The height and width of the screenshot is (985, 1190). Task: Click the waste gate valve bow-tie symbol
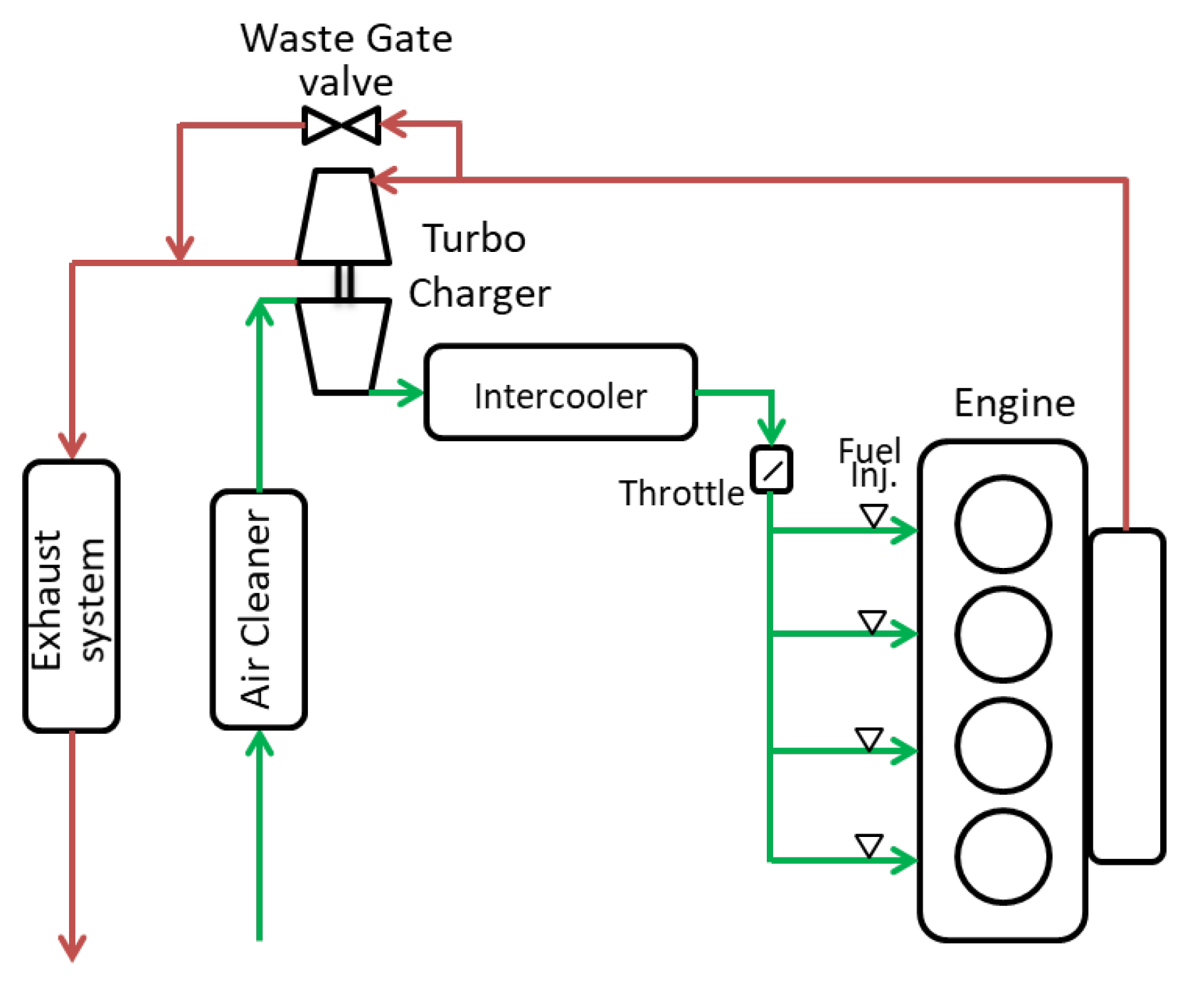pos(341,125)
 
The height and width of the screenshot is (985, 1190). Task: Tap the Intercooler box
pos(560,392)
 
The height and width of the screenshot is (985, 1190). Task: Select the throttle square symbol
pos(772,469)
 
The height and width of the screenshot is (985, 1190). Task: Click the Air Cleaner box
pos(259,609)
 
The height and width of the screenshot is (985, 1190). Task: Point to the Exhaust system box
pos(71,596)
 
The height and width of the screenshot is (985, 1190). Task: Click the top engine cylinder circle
pos(1003,524)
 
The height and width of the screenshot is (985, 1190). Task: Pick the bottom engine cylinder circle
pos(1003,857)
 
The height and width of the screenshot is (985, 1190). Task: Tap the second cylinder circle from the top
pos(1003,634)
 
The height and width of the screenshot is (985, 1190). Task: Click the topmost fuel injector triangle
pos(873,515)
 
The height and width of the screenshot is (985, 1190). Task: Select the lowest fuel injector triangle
pos(869,845)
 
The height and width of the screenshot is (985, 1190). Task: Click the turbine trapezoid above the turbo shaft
pos(344,217)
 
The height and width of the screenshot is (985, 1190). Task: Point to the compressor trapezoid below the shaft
pos(344,346)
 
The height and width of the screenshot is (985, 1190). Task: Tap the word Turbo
pos(474,238)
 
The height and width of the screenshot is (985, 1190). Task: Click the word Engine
pos(1014,404)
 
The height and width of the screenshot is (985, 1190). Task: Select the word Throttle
pos(681,493)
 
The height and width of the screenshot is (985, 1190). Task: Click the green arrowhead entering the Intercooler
pos(411,392)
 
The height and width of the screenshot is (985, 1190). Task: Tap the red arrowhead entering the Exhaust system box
pos(72,446)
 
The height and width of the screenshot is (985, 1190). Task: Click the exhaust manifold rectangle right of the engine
pos(1127,696)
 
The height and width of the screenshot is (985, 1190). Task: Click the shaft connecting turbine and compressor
pos(344,282)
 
